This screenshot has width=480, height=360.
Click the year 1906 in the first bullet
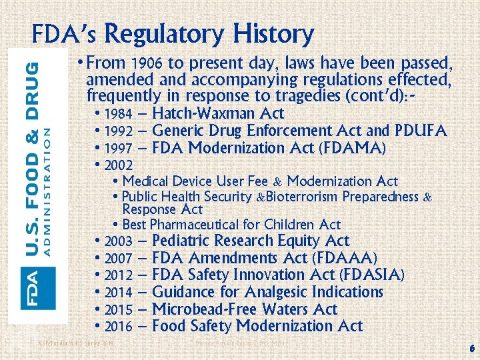point(147,64)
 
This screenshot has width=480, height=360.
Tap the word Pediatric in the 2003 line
point(185,241)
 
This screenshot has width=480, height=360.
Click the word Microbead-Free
point(205,309)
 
